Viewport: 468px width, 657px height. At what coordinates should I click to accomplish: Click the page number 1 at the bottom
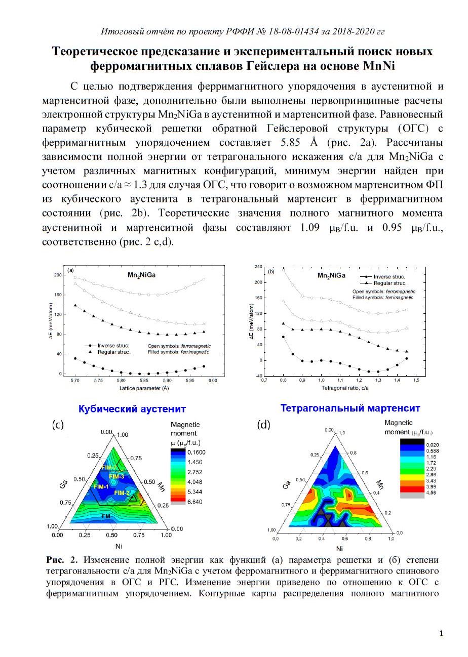tap(441, 634)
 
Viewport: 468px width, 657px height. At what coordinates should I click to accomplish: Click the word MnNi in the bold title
tap(379, 66)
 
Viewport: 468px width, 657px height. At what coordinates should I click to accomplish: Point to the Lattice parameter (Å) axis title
tap(144, 388)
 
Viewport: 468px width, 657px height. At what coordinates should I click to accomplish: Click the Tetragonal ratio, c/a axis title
tap(345, 388)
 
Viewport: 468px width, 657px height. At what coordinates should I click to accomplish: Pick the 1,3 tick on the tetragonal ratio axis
tap(378, 380)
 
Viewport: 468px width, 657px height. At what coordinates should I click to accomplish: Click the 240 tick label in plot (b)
tap(258, 267)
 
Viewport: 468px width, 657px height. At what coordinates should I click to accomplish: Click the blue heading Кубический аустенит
tap(132, 409)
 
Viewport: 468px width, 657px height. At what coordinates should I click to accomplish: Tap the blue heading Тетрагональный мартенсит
tap(350, 408)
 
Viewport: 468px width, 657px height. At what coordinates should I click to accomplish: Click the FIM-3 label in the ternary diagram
tap(116, 476)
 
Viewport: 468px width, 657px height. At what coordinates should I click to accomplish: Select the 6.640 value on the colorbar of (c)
tap(195, 502)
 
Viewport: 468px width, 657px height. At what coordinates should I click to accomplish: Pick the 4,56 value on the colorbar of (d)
tap(431, 493)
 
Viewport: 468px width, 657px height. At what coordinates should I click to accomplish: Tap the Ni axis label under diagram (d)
tap(339, 549)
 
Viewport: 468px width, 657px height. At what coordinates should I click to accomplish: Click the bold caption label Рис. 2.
tap(62, 560)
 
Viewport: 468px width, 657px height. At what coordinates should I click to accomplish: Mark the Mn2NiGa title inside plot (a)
tap(141, 275)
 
